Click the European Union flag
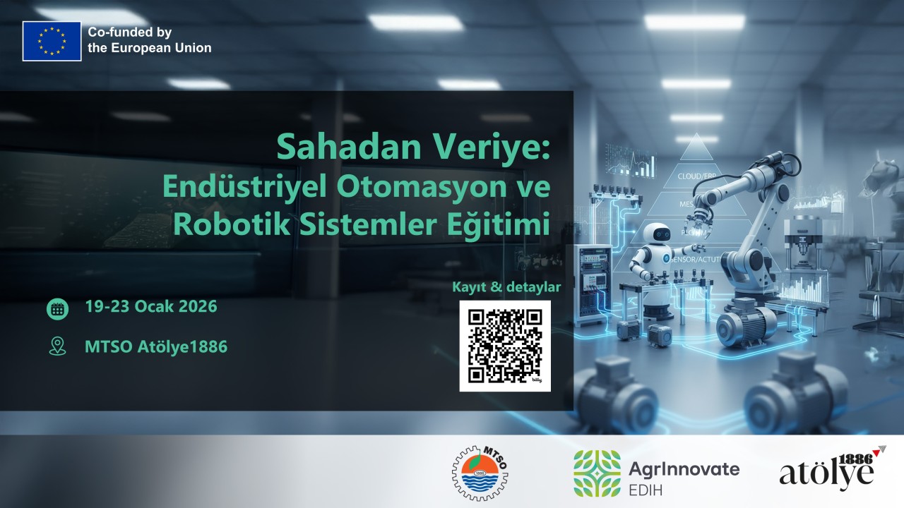(52, 41)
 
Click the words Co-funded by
(129, 32)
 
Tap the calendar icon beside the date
(57, 308)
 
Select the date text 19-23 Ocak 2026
(150, 308)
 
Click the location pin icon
(57, 346)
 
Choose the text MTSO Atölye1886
(155, 346)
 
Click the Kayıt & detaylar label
(507, 287)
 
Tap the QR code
(505, 346)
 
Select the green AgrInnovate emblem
(597, 473)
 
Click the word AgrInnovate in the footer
(683, 468)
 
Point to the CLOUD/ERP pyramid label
(697, 176)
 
